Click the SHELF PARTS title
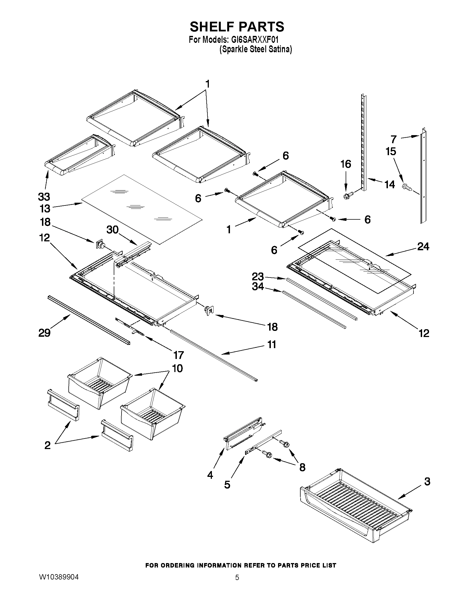click(237, 27)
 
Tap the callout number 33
click(44, 197)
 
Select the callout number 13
click(45, 209)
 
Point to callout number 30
click(112, 230)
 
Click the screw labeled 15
click(407, 187)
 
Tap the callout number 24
click(423, 247)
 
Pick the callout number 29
click(44, 333)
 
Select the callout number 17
click(178, 355)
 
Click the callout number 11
click(271, 345)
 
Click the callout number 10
click(177, 368)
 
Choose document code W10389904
click(59, 577)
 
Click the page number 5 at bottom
click(237, 578)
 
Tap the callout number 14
click(390, 185)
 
